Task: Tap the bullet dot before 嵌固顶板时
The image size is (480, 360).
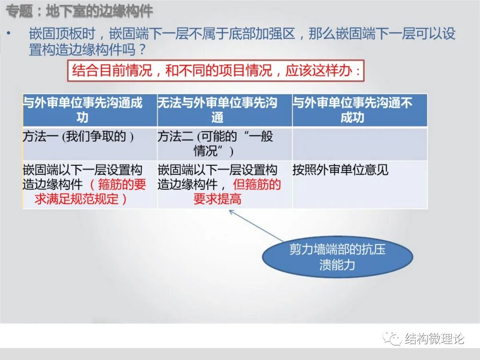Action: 9,34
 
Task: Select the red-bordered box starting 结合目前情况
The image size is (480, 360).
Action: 216,71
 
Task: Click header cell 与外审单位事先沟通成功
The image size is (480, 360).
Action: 89,110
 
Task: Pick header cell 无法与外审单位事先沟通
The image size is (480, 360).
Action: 224,110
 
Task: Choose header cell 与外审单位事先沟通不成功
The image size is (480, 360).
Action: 360,110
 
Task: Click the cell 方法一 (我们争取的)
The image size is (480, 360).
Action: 89,144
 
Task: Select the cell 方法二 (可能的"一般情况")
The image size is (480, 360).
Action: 224,144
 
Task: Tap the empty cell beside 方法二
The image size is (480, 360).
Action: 360,144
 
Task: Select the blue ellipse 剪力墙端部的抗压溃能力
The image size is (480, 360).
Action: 337,257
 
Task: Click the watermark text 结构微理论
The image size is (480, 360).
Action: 435,339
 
